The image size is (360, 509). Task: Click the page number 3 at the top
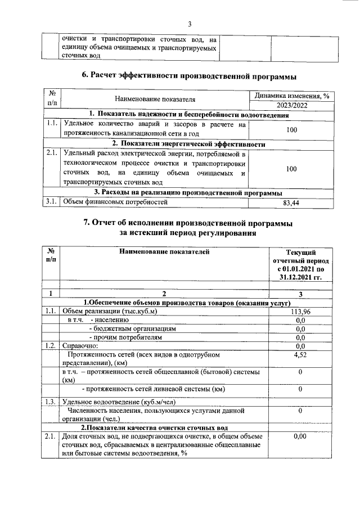(190, 24)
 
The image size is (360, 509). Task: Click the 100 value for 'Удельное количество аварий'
(288, 129)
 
